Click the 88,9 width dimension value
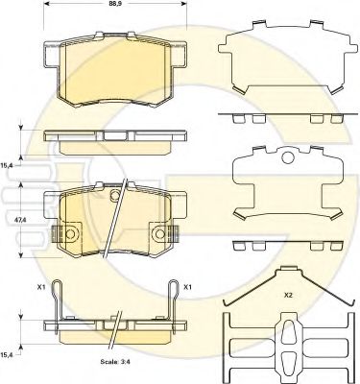pos(113,4)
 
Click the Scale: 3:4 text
pos(115,363)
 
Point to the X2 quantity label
pos(288,296)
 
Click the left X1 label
pos(40,287)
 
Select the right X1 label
pos(187,287)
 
